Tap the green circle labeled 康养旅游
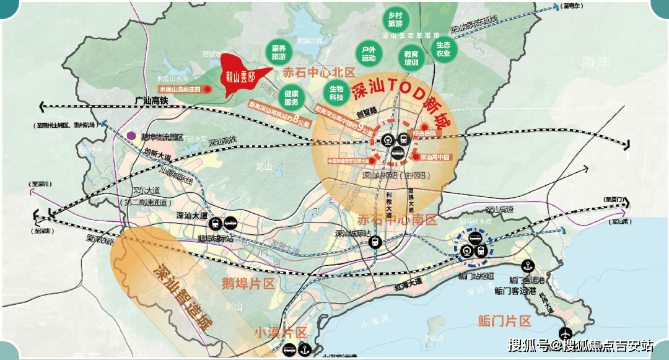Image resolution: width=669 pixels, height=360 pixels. coord(279,52)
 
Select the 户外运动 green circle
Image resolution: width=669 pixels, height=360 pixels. coord(369,54)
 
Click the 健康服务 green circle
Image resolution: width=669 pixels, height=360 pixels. coord(292,98)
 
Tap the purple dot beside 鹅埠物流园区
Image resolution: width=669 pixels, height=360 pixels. coord(131,136)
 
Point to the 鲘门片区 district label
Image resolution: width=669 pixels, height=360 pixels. coord(505,320)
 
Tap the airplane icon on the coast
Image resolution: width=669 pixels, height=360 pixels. coord(566,333)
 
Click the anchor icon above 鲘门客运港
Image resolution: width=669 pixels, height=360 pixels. coord(527,266)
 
